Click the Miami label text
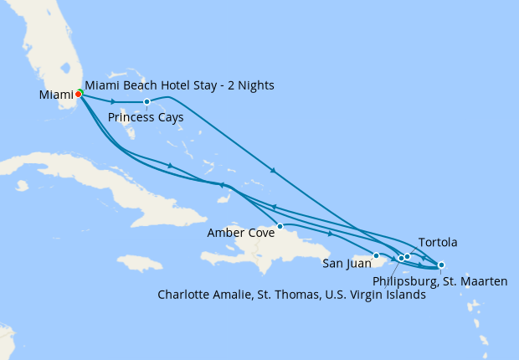click(56, 95)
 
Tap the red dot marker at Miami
click(78, 95)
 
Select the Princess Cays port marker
click(146, 102)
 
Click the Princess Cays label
click(146, 117)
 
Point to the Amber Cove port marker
click(280, 226)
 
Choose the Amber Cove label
click(240, 234)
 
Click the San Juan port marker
click(377, 255)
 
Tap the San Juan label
click(345, 264)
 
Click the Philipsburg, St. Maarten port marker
click(441, 265)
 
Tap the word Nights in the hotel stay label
click(254, 85)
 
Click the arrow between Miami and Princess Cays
click(113, 101)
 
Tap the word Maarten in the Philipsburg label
click(484, 281)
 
